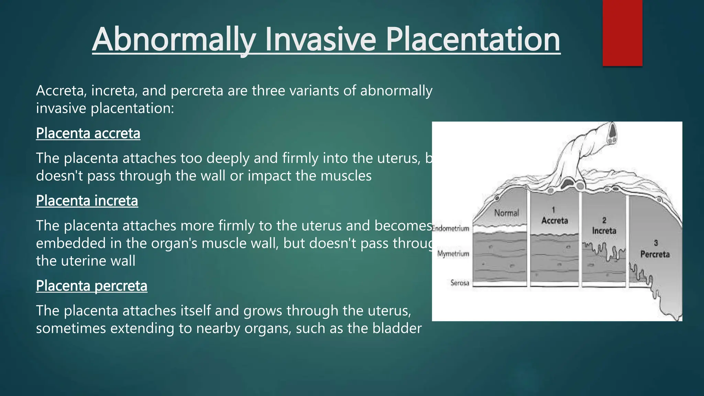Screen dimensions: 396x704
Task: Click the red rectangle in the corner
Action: pos(622,33)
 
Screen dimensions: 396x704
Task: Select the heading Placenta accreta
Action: pos(88,133)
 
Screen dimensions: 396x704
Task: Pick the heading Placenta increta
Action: pos(87,201)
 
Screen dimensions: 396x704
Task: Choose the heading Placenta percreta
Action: pos(91,286)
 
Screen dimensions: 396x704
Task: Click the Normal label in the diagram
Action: pos(506,213)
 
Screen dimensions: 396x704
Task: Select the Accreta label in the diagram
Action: pos(554,221)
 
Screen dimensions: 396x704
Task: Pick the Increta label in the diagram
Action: pos(604,231)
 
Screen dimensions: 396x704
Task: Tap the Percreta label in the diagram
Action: pos(655,254)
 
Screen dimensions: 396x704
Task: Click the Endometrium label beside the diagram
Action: pos(451,229)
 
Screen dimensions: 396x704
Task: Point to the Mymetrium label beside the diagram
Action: pos(453,254)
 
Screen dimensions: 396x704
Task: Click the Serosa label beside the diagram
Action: pos(460,283)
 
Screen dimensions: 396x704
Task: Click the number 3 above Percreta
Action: pos(656,243)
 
